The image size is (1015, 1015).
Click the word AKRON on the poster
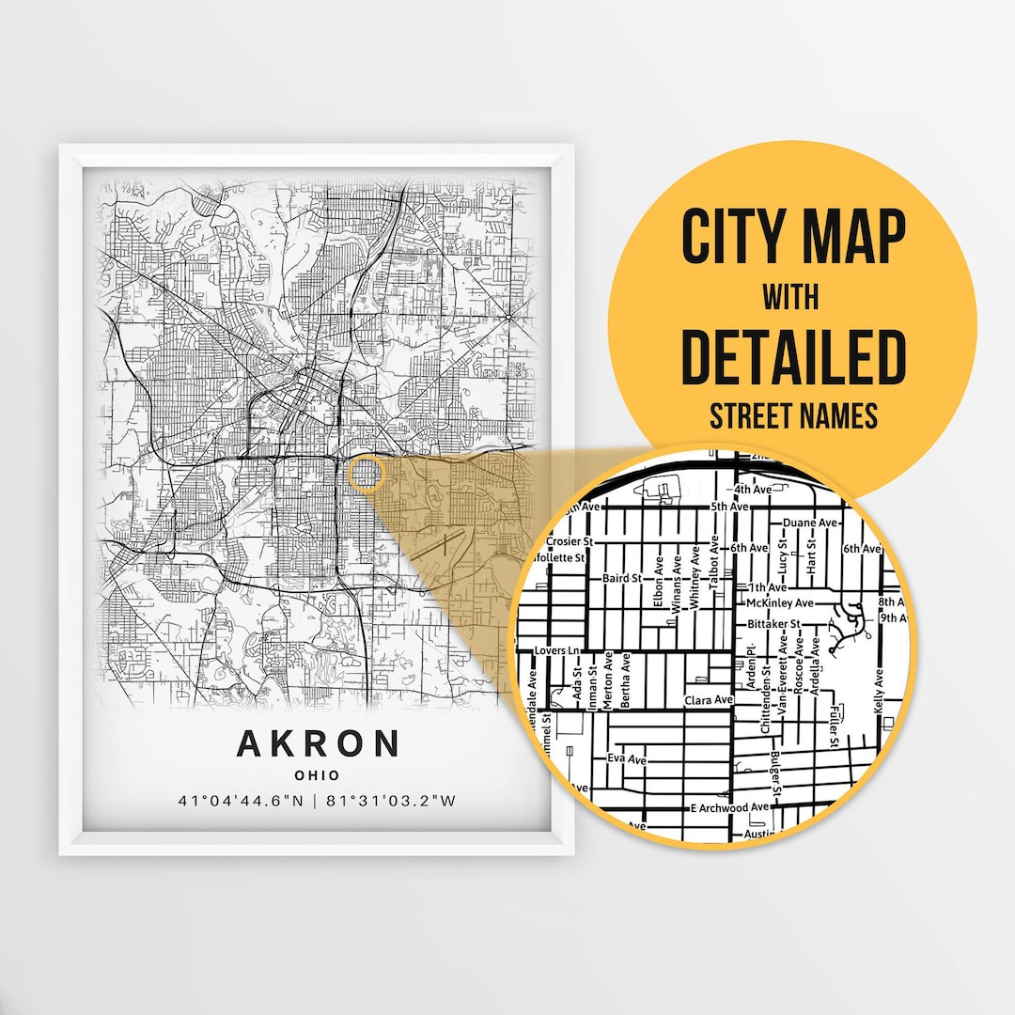[319, 743]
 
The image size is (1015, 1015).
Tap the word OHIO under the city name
[318, 775]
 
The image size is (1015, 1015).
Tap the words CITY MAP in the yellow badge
[793, 238]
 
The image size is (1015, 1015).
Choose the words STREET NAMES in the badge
[792, 414]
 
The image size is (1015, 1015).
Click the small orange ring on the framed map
[365, 475]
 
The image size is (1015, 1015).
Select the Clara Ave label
[709, 700]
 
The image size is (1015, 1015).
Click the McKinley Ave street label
[779, 601]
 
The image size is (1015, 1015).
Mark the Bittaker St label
[773, 623]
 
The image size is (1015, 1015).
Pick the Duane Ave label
[808, 523]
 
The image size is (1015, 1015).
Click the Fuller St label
[834, 727]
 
